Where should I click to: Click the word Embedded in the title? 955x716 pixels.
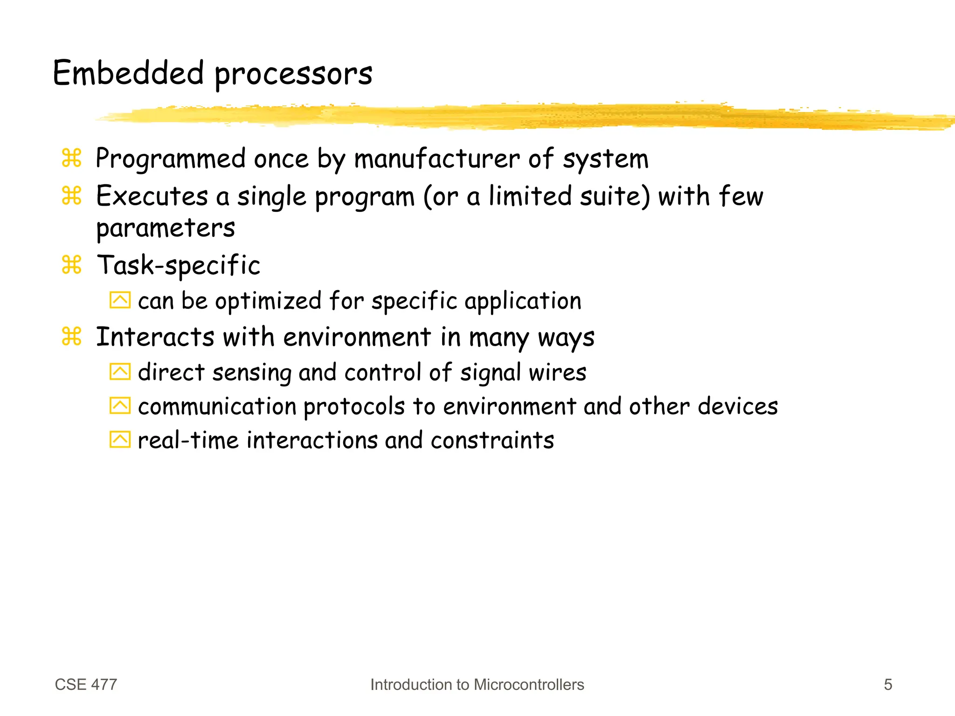(128, 73)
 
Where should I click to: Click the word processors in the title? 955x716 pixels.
(293, 75)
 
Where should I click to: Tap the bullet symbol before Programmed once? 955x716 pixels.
(72, 158)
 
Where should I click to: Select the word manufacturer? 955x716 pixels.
(437, 159)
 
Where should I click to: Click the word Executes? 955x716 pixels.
(152, 196)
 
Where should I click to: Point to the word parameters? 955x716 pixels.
(166, 229)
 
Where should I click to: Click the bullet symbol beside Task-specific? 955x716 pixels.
(72, 264)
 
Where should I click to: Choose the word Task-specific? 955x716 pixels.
(178, 265)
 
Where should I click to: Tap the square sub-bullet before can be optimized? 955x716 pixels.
(120, 300)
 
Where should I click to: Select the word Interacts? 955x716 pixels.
(155, 337)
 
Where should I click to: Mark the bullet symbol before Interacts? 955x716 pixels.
(72, 336)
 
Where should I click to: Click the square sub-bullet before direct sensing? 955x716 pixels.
(120, 372)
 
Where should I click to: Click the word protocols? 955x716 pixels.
(354, 407)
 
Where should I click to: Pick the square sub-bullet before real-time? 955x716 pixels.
(120, 439)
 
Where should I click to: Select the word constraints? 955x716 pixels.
(492, 440)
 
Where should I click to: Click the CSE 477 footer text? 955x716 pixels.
(86, 684)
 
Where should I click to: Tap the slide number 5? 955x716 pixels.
(888, 684)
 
